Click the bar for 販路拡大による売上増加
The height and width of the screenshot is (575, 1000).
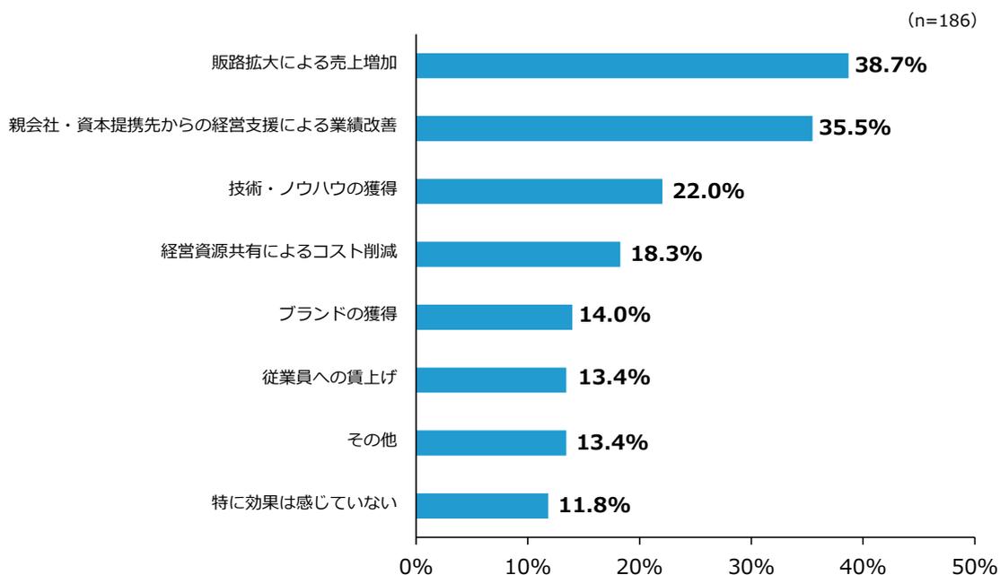click(x=632, y=65)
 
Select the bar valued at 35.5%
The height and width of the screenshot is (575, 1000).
click(x=614, y=128)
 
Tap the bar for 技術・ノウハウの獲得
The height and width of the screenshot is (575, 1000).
click(x=539, y=191)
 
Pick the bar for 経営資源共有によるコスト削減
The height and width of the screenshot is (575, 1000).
click(x=518, y=254)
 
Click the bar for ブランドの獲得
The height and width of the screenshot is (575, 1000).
click(x=494, y=317)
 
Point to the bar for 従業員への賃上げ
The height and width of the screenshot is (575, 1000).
click(x=491, y=379)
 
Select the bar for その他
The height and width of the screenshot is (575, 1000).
click(x=491, y=442)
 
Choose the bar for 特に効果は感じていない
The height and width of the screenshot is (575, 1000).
click(x=482, y=506)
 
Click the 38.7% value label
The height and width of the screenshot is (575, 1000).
click(x=890, y=65)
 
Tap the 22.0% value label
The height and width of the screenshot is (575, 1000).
click(x=708, y=191)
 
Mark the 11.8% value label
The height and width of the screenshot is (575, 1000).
click(x=594, y=506)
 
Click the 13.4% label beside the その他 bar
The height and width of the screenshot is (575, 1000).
click(x=614, y=442)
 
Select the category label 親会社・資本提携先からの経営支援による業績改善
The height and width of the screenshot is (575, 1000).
click(x=202, y=128)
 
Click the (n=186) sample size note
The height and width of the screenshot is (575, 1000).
click(x=946, y=21)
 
